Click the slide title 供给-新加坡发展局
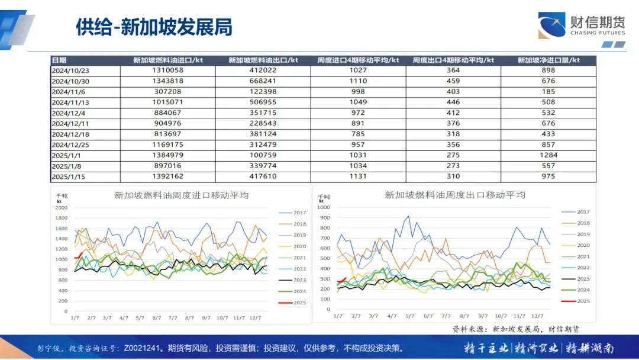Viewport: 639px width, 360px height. [154, 27]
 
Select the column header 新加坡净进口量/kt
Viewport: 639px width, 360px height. [548, 60]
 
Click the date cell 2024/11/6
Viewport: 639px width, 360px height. [69, 92]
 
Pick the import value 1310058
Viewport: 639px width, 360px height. [167, 70]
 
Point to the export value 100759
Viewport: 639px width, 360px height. [263, 155]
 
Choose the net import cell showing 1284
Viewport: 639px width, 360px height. [548, 155]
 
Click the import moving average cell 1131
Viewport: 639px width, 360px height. [358, 176]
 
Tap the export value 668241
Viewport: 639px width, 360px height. [263, 81]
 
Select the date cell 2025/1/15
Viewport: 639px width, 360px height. [70, 176]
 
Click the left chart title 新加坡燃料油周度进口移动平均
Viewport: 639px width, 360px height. [181, 195]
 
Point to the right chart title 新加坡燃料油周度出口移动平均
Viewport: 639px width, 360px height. [455, 195]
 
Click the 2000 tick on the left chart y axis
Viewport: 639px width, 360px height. [62, 207]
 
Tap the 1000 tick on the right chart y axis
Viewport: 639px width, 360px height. [324, 207]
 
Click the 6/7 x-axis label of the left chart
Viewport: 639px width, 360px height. [157, 318]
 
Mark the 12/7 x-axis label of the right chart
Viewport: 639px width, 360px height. [538, 316]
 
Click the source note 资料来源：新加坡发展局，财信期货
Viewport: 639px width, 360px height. [516, 329]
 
